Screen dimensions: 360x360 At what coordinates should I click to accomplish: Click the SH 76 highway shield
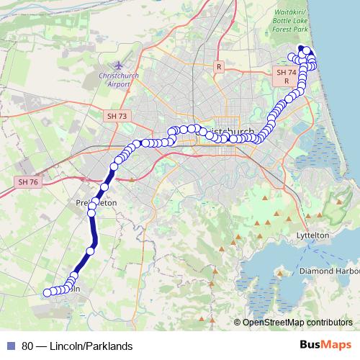(27, 182)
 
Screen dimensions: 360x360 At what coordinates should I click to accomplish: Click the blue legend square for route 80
(10, 346)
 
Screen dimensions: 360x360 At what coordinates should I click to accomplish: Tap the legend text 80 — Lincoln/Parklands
(77, 346)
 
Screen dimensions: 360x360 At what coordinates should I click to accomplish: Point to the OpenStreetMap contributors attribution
(297, 323)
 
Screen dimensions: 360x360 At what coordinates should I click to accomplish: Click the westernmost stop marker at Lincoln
(47, 292)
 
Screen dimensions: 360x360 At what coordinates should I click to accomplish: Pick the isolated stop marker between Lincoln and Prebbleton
(91, 251)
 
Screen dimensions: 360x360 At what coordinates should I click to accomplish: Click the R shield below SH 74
(286, 81)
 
